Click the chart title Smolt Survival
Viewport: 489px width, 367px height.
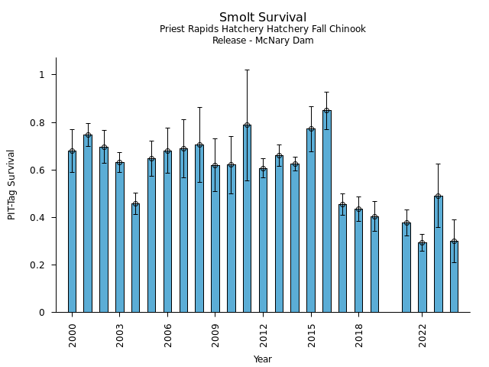(263, 18)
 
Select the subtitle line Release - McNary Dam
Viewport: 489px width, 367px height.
(263, 41)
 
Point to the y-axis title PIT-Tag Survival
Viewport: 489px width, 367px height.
(11, 184)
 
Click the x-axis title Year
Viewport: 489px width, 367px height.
(263, 359)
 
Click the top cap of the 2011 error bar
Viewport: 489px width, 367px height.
(247, 70)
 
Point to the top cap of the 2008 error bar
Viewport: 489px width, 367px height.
(199, 107)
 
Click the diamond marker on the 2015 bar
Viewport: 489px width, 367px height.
(311, 128)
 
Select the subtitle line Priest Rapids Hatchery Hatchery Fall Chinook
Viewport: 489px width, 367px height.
(263, 29)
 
